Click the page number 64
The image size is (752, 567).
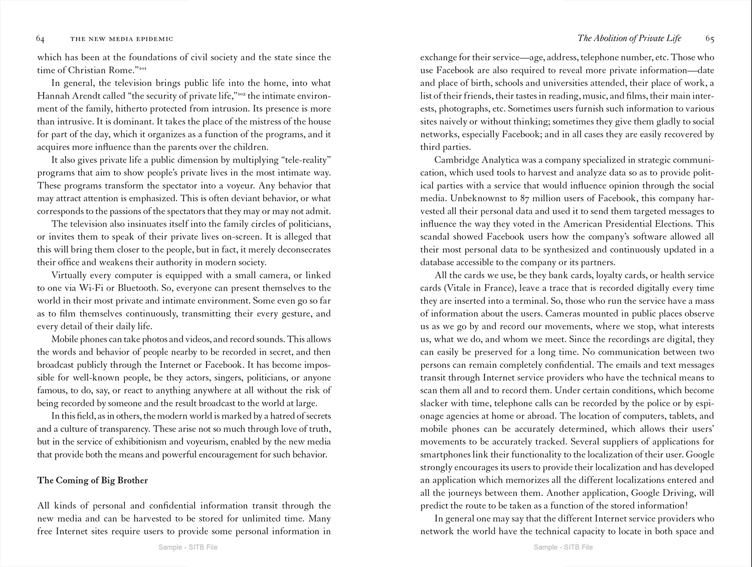[x=41, y=39]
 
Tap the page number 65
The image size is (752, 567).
[x=709, y=38]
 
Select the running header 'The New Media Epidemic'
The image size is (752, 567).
[x=122, y=39]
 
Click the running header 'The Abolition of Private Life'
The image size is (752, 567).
[x=629, y=38]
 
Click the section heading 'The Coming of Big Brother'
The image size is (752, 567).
[x=93, y=480]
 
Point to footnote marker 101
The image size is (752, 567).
[x=141, y=68]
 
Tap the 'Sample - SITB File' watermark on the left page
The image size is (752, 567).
[x=187, y=547]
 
